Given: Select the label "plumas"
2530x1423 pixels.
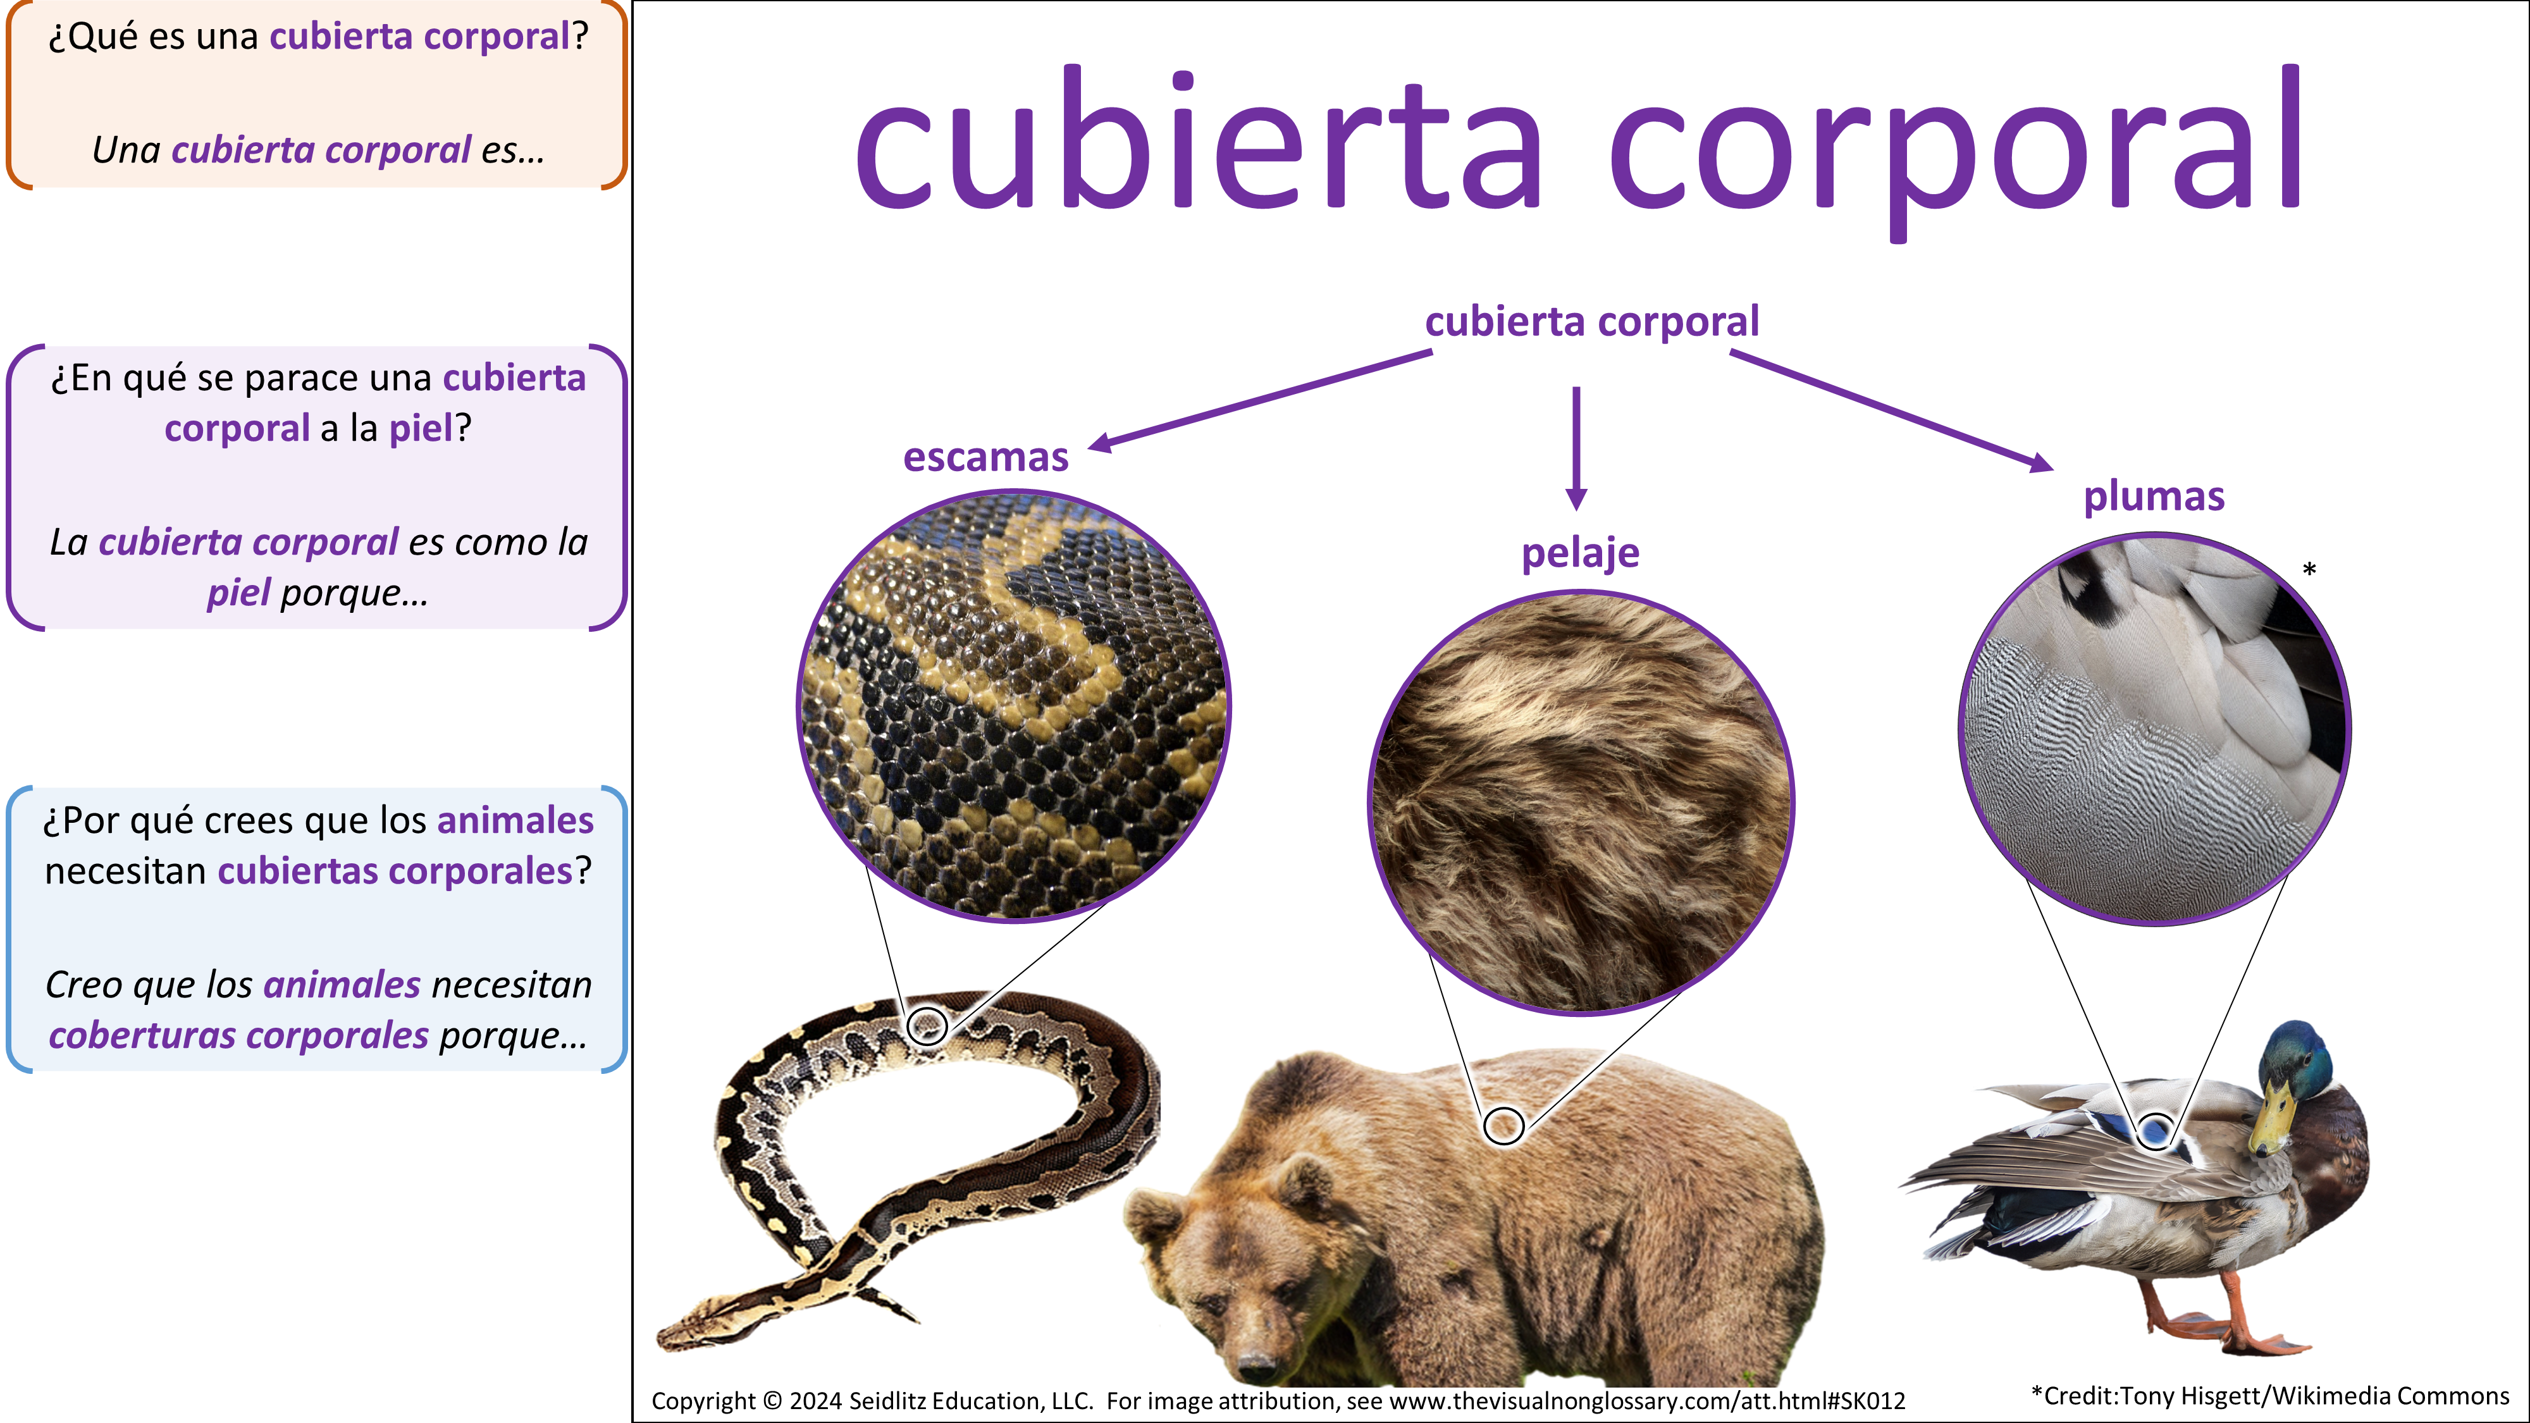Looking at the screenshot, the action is tap(2154, 497).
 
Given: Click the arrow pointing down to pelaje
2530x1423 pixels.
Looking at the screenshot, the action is tap(1576, 448).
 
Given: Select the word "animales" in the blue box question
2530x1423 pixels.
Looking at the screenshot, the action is tap(515, 820).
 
